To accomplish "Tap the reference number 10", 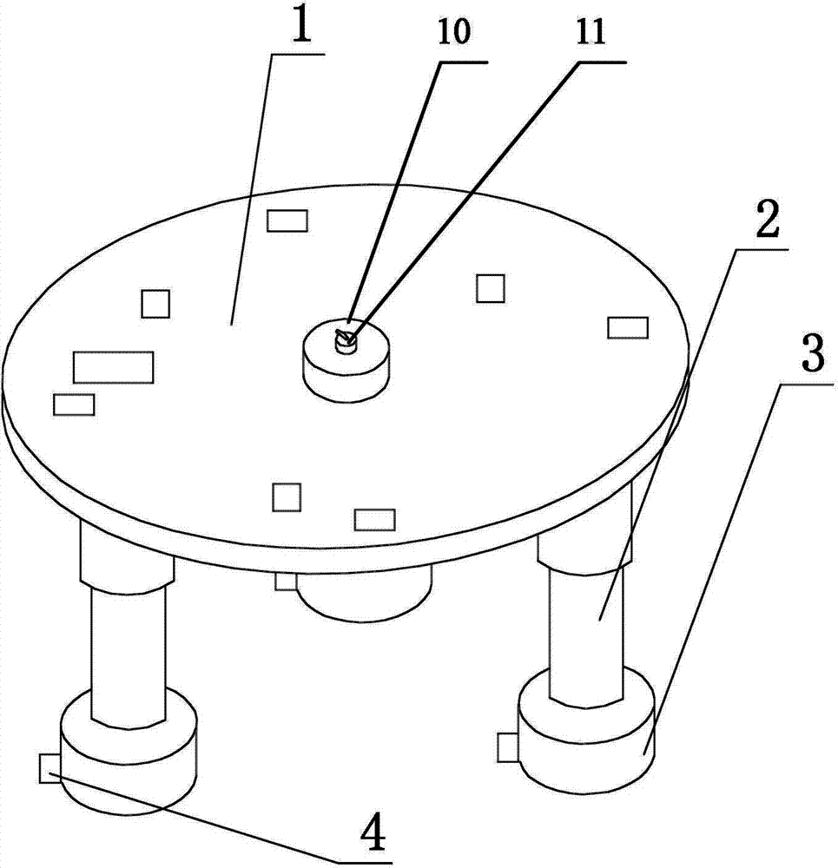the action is coord(455,32).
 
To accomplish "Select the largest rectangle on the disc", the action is coord(114,367).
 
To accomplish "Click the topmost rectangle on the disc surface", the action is coord(287,220).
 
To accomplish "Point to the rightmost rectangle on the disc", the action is coord(628,327).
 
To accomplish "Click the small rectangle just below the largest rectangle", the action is coord(74,404).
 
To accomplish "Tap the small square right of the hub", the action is coord(491,288).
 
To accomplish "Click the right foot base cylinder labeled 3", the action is coord(587,738).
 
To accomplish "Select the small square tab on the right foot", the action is coord(507,747).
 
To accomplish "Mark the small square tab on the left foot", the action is coord(50,768).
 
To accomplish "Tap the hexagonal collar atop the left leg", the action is coord(127,556).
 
